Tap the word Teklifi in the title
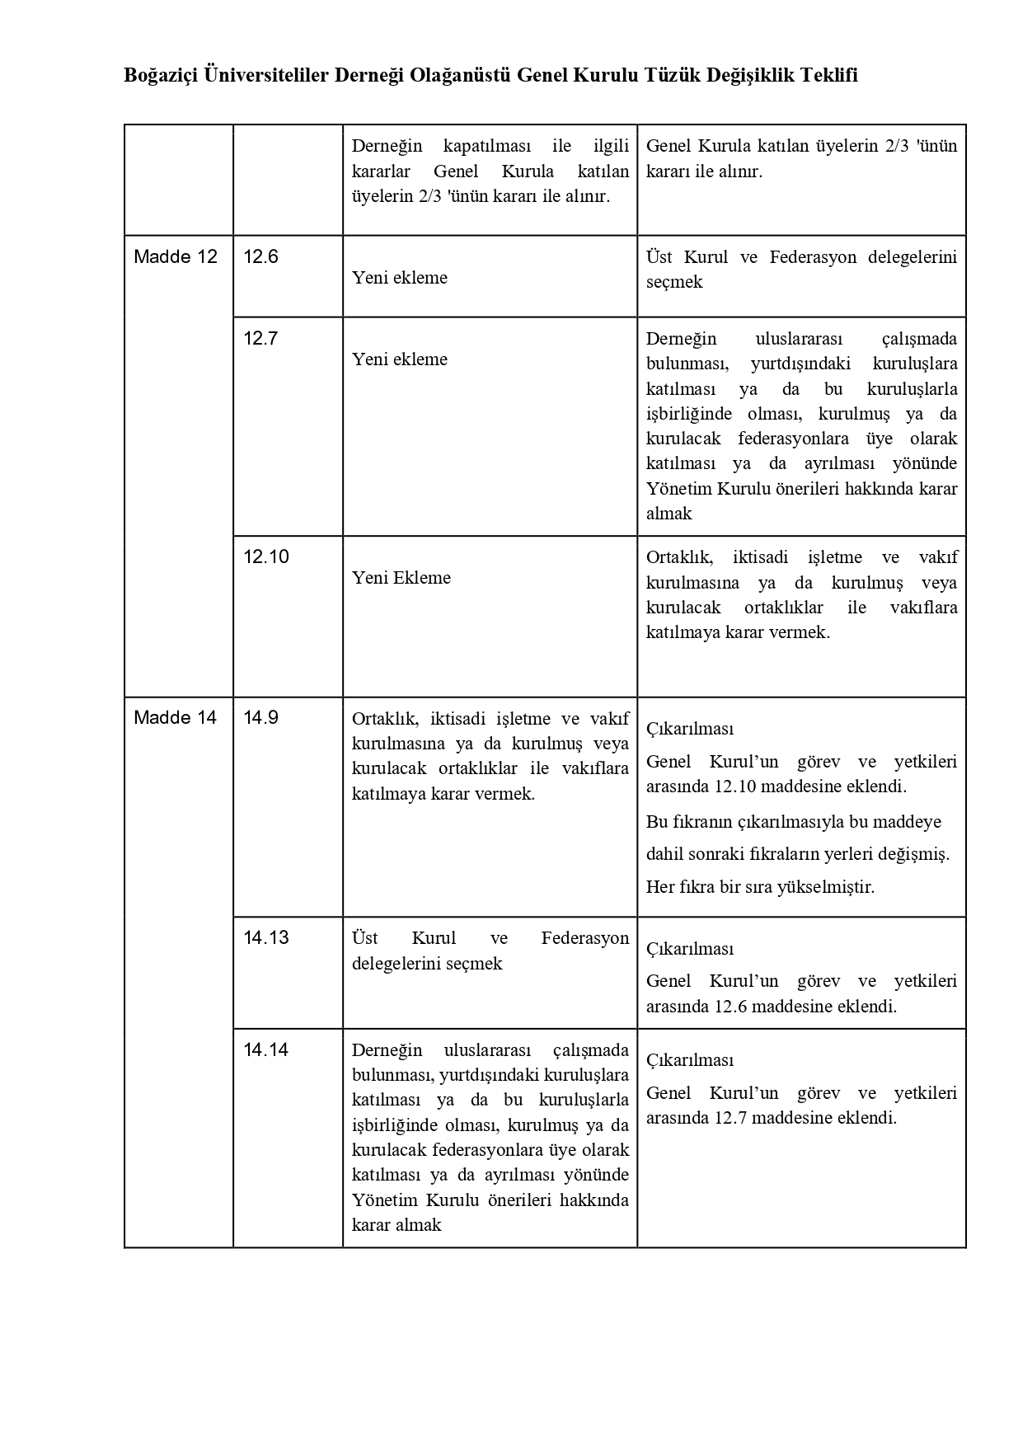828,76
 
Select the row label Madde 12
176,256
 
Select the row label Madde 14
176,717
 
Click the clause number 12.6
260,256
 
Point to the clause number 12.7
260,338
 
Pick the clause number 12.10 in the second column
266,556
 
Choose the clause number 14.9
260,717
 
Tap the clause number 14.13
266,937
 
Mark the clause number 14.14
266,1049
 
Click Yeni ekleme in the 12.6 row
400,278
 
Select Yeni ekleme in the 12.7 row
400,359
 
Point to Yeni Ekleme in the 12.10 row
401,578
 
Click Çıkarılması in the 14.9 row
690,729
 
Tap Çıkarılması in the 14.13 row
690,949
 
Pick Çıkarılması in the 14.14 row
690,1060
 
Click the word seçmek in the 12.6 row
674,282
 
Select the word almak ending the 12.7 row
669,514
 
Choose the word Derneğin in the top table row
387,147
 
